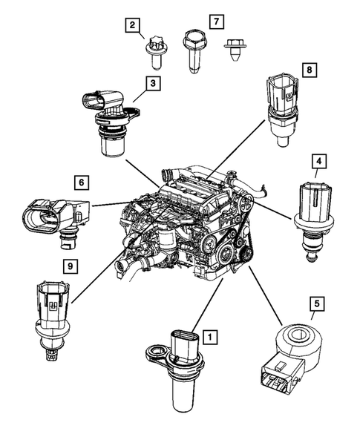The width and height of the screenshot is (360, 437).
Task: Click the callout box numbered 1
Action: [x=211, y=338]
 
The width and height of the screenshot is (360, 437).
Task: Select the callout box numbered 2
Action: [x=133, y=28]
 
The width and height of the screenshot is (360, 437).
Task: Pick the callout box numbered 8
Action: [x=308, y=70]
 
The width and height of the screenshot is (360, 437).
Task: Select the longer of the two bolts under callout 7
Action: [x=194, y=50]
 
